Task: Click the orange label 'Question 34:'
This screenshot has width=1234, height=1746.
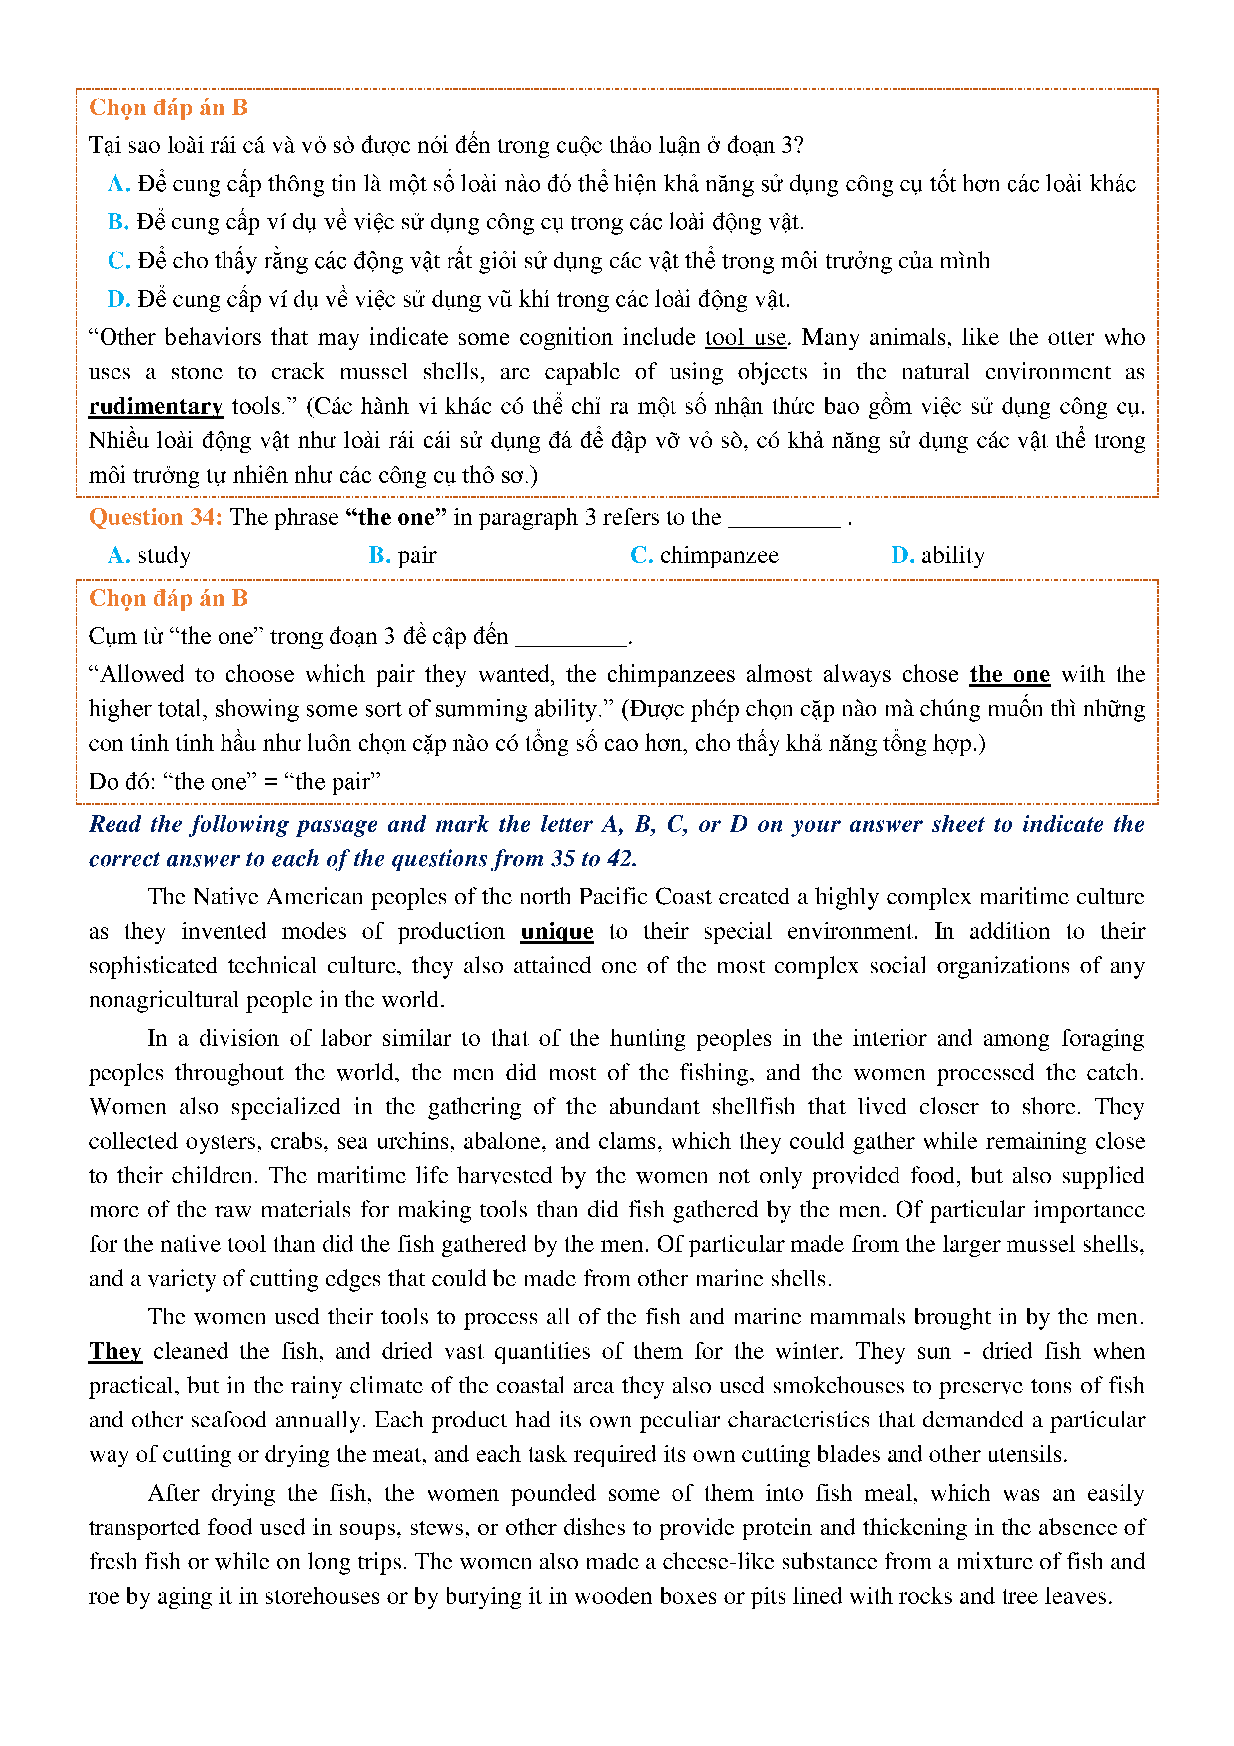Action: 155,517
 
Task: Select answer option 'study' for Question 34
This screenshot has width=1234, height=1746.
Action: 163,556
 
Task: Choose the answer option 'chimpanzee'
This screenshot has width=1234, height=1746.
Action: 718,556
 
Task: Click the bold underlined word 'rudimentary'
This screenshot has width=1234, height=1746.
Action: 155,406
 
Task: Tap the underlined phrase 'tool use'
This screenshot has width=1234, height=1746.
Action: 745,337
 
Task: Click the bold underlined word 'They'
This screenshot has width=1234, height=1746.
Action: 115,1351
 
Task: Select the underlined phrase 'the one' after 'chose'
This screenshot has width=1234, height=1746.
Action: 1009,674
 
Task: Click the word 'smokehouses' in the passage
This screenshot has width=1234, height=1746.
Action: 833,1386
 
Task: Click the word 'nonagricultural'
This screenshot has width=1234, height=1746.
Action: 163,1000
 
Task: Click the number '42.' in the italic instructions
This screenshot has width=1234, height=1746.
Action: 621,859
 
